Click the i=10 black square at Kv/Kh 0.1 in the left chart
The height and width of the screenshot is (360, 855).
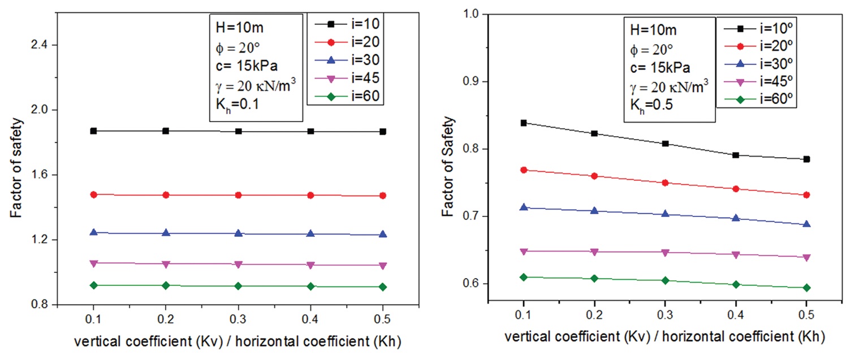pyautogui.click(x=93, y=131)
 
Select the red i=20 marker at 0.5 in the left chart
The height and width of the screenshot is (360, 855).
pyautogui.click(x=383, y=196)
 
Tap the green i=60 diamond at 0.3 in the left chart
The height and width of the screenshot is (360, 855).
pyautogui.click(x=238, y=286)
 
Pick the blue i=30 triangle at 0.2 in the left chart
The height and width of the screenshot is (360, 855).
pyautogui.click(x=166, y=233)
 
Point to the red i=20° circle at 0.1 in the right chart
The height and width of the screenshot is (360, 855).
pyautogui.click(x=524, y=170)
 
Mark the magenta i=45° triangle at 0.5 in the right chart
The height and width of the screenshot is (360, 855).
pyautogui.click(x=806, y=257)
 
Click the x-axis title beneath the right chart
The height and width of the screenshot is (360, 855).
pyautogui.click(x=665, y=336)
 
